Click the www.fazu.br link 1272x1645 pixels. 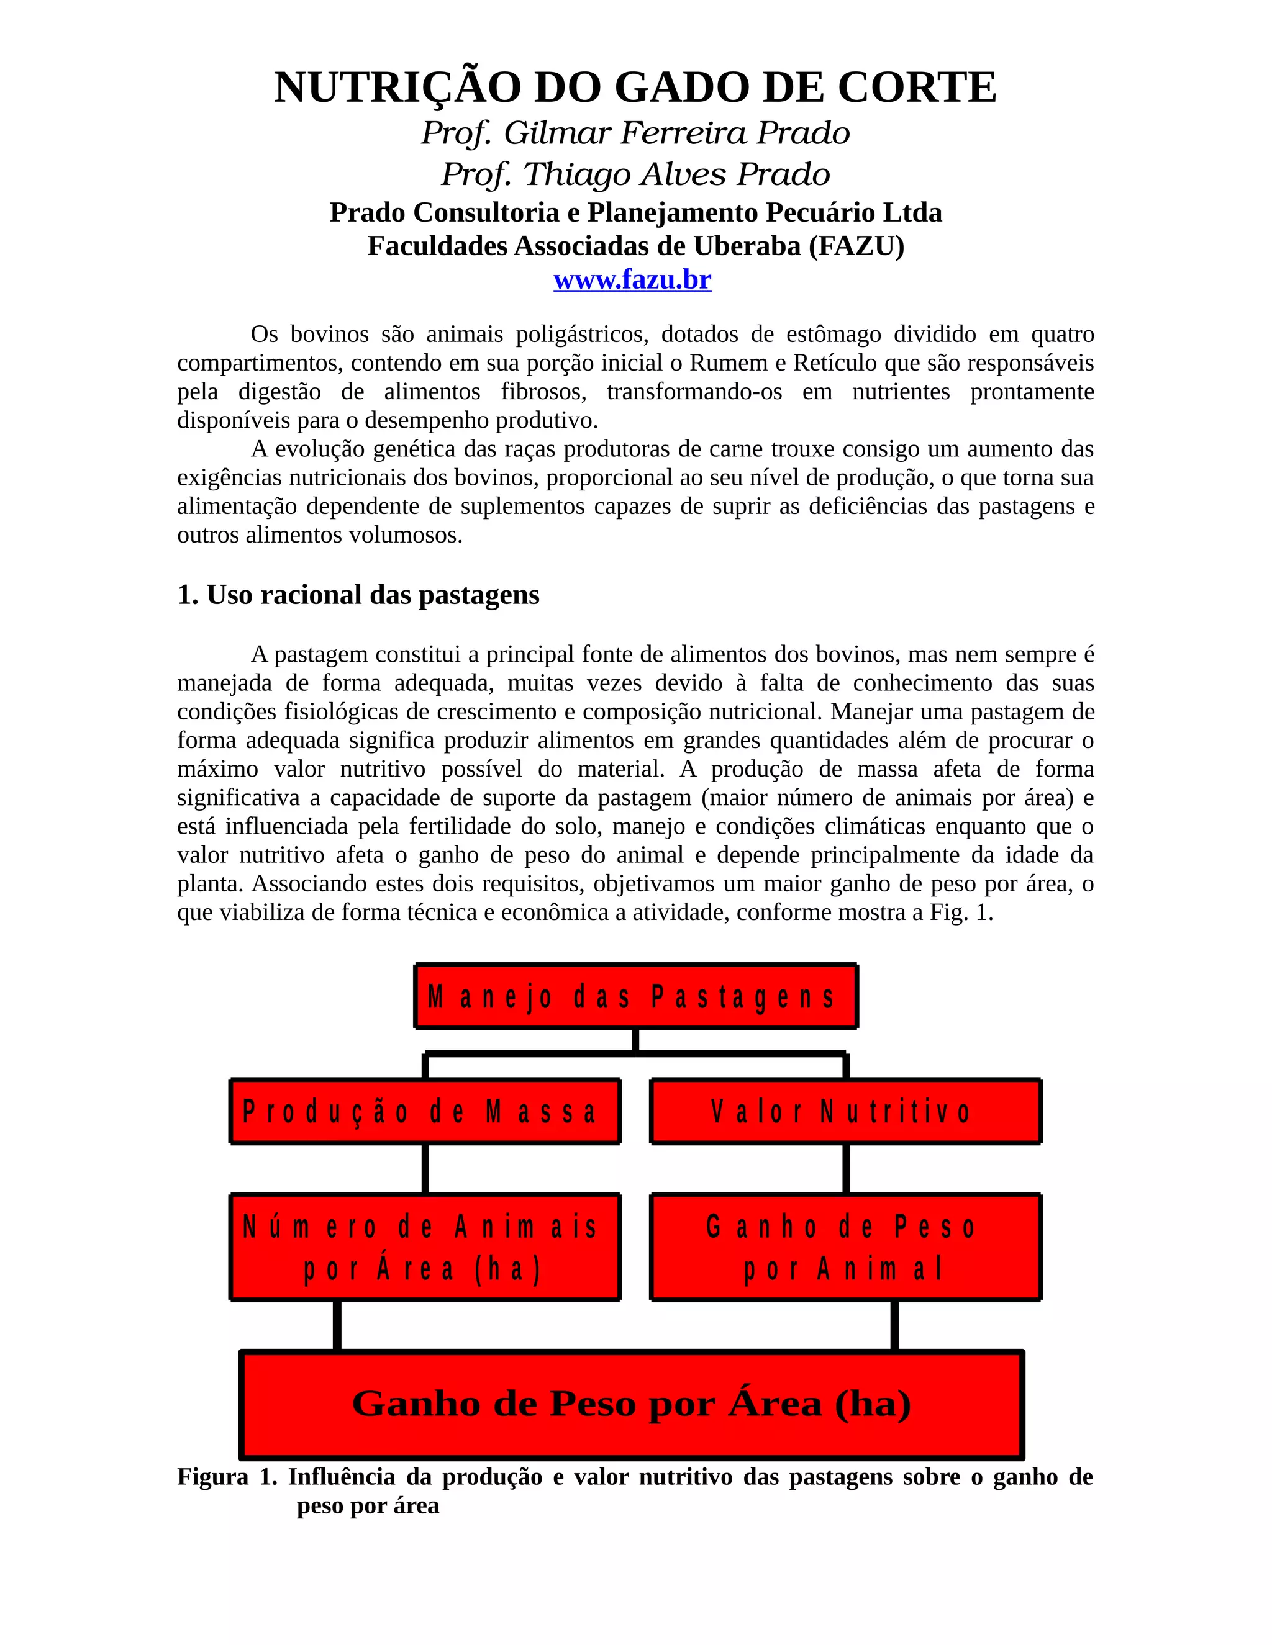(x=632, y=280)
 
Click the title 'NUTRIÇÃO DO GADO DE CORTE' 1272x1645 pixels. (x=635, y=88)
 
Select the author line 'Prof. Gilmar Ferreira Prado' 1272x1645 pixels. (x=635, y=133)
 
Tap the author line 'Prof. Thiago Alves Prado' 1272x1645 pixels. (x=635, y=174)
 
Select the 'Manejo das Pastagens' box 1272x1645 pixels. (x=635, y=996)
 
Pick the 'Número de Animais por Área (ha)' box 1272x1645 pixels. (x=425, y=1247)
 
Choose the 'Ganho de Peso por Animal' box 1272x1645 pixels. (x=845, y=1247)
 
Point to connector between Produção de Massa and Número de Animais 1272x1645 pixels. (x=425, y=1169)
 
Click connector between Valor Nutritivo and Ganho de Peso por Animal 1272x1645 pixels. (x=845, y=1169)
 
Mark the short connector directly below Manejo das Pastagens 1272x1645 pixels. (x=635, y=1040)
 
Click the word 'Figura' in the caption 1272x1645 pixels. (x=212, y=1477)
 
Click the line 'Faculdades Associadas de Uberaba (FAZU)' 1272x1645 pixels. (x=635, y=246)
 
